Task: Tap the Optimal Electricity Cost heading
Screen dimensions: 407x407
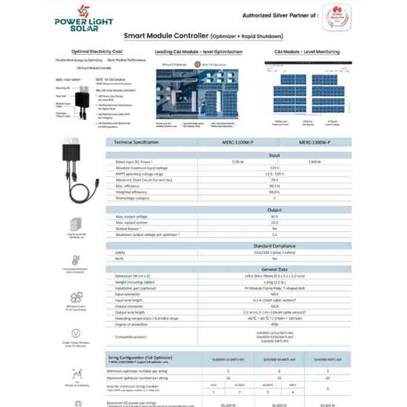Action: pos(96,52)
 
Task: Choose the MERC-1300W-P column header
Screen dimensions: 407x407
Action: pos(313,142)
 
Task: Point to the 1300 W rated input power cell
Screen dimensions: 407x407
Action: pos(314,162)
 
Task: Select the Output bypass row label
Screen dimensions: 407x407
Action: pos(128,228)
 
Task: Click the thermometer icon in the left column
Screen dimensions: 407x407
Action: pos(76,260)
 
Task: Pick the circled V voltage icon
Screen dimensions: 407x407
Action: pos(76,333)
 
